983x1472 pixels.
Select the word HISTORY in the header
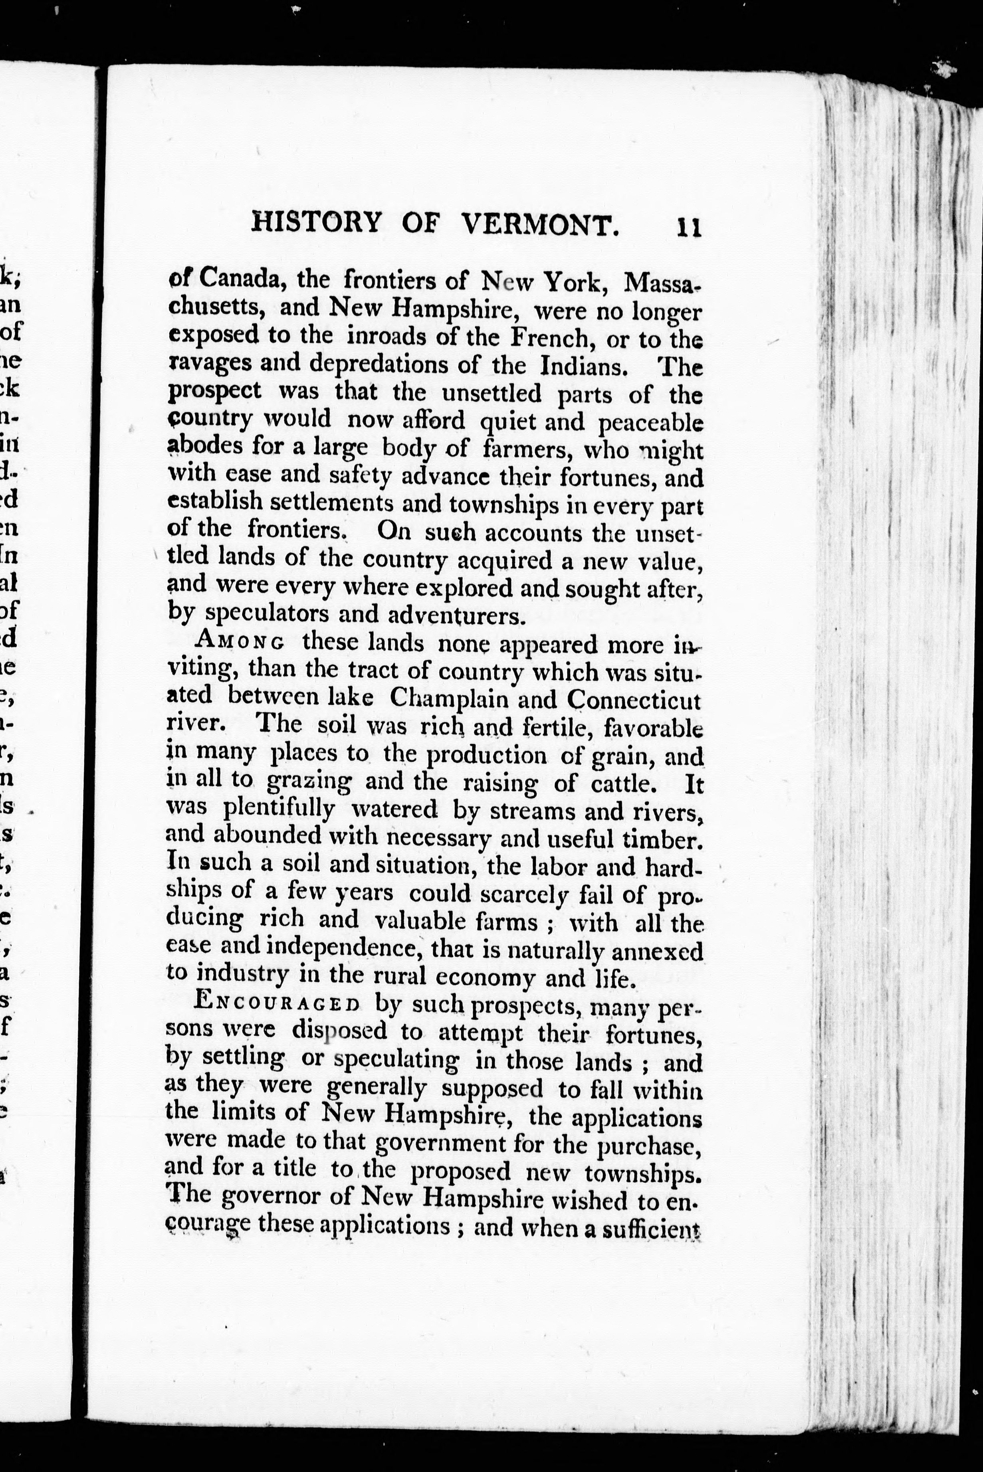click(316, 222)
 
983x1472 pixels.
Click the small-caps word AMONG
click(242, 642)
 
